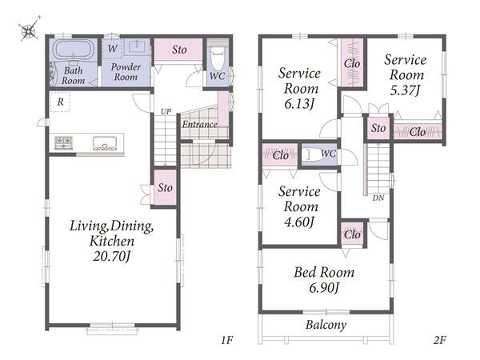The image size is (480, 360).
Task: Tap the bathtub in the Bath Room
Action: tap(74, 49)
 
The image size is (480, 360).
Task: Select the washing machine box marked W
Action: tap(112, 48)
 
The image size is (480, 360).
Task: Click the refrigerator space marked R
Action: tap(60, 102)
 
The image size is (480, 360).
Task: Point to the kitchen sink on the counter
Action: tap(105, 143)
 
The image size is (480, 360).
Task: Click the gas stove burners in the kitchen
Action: tap(64, 143)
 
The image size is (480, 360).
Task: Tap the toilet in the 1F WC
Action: tap(218, 59)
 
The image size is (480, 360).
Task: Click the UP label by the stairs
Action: tap(166, 112)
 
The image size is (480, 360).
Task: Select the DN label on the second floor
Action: tap(378, 198)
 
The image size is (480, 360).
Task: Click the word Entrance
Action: tap(199, 124)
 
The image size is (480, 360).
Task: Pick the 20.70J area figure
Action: tap(112, 257)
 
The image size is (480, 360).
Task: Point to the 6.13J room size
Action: tap(299, 104)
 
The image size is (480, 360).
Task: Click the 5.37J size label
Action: tap(405, 90)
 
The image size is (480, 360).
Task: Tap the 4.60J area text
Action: tap(299, 222)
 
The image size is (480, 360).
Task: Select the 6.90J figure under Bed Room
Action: tap(324, 288)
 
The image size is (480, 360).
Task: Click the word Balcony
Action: tap(326, 325)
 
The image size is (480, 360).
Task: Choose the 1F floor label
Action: tap(227, 340)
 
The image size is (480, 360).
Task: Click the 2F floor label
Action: tap(439, 340)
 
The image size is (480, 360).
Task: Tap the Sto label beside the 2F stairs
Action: tap(378, 128)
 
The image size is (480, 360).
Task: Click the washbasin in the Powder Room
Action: tap(138, 47)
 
